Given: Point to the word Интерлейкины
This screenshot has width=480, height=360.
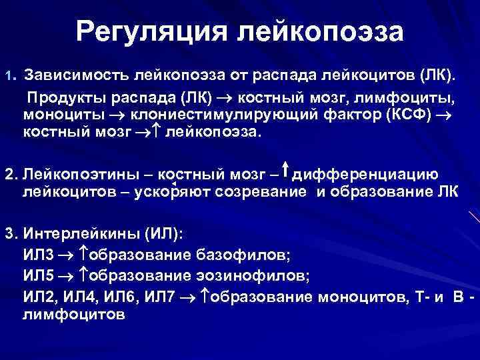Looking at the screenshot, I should click(x=73, y=235).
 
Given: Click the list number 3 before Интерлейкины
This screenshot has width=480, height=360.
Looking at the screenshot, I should click(x=9, y=235).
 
